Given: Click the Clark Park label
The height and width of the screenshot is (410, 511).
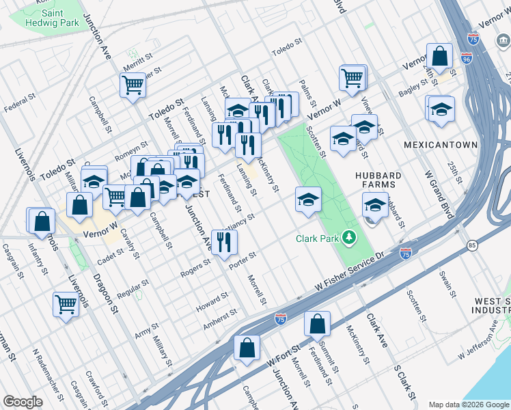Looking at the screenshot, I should [318, 239].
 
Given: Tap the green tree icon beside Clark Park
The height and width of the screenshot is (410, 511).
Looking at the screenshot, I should [349, 238].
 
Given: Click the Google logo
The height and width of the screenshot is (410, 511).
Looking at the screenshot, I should [23, 402].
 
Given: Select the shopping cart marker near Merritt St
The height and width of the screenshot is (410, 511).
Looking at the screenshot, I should [133, 85].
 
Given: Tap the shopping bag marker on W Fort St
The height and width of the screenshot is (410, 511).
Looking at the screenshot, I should [247, 348].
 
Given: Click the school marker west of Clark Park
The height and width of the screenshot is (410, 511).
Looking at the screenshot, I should [308, 200].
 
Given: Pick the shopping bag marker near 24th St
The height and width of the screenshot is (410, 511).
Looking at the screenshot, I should [439, 56].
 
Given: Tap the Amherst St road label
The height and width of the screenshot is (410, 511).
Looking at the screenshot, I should [221, 318].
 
